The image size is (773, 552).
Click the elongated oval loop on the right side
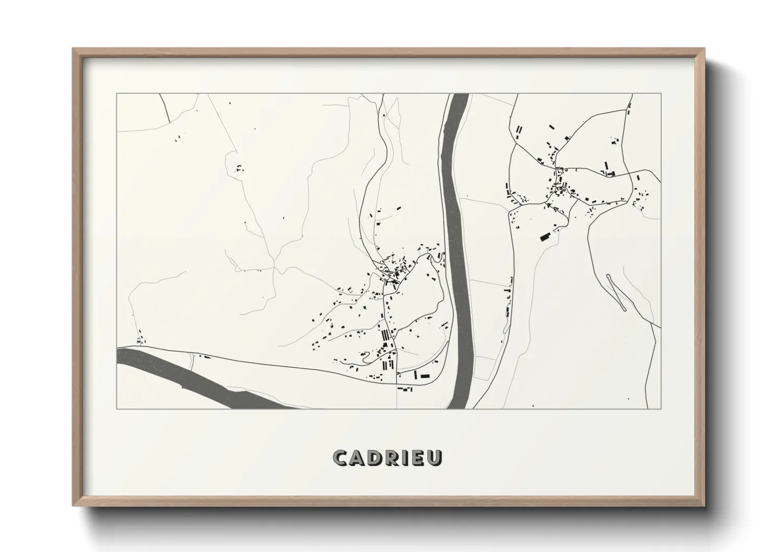click(x=616, y=292)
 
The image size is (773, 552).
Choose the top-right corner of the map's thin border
click(x=661, y=94)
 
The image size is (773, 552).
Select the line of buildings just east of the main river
click(x=507, y=303)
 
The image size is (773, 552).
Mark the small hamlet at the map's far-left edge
click(x=140, y=340)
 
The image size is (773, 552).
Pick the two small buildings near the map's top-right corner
click(x=629, y=109)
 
